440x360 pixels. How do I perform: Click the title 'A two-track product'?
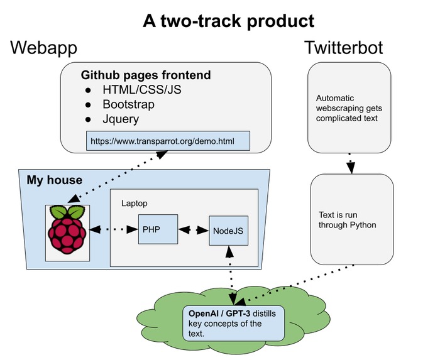coord(228,21)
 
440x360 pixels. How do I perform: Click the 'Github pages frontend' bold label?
coord(146,75)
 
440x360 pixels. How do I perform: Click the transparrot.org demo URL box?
coord(168,141)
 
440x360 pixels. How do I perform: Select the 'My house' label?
coord(54,180)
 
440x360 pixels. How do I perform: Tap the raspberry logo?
coord(67,231)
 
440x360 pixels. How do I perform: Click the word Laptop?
coord(135,204)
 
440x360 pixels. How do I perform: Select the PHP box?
coord(158,229)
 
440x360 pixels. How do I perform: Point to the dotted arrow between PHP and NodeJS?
coord(193,230)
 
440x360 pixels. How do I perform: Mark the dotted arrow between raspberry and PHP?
coord(114,230)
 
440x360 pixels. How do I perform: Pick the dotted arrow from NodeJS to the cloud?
coord(231,270)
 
